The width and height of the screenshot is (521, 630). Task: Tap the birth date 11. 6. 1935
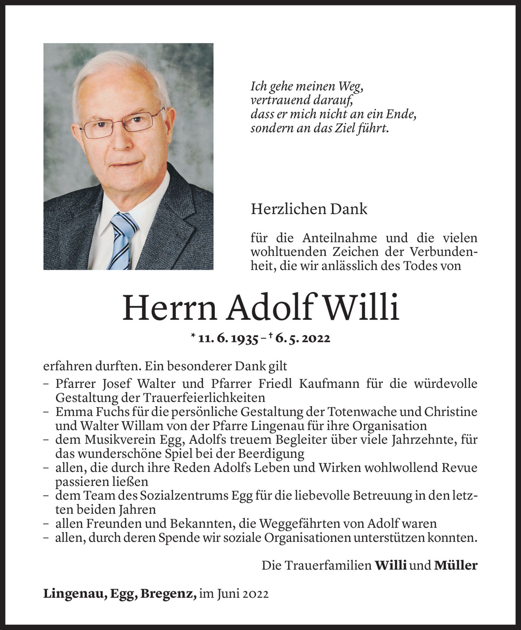pos(228,339)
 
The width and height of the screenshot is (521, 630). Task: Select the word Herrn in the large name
pos(170,308)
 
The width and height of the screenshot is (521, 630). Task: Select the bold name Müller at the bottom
pos(456,565)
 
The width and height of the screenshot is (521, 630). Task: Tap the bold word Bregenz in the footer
pos(168,594)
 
